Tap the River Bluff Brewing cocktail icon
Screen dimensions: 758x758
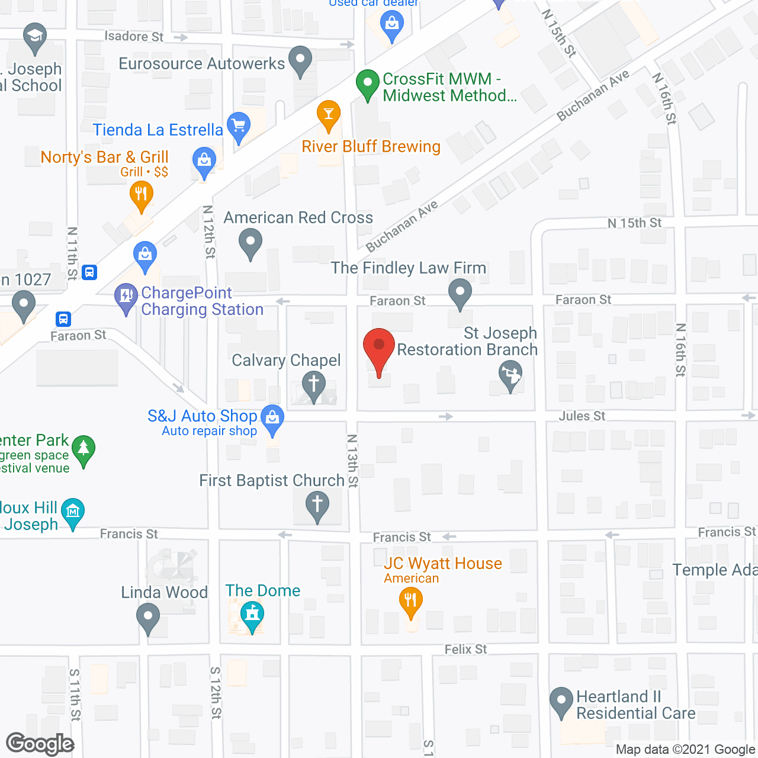pos(329,114)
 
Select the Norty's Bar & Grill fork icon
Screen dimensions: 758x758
pos(141,195)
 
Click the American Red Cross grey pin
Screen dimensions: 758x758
pos(250,243)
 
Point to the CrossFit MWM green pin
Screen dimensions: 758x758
pos(367,83)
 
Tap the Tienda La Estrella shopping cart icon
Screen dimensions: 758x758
pos(239,126)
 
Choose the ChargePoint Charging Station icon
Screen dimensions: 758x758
pos(126,297)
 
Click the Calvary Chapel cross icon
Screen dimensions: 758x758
pos(314,384)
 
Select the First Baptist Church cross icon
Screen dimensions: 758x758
pos(317,505)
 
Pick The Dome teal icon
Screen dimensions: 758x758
pos(252,615)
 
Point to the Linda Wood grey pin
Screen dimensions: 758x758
pos(148,617)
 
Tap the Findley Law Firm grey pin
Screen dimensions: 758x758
pos(460,292)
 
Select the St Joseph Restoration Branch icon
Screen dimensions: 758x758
pos(510,375)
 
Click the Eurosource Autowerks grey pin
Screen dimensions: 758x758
pos(300,60)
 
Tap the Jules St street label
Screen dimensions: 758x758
pos(582,416)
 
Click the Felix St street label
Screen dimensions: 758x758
pos(465,650)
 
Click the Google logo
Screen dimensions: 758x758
pos(40,744)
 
